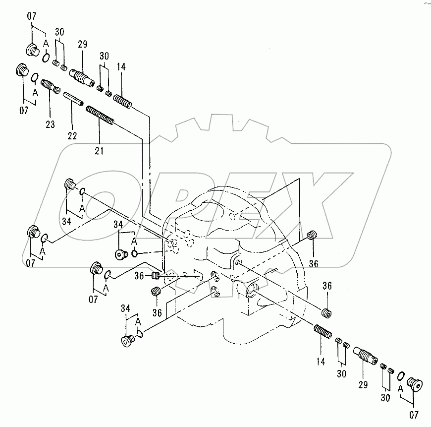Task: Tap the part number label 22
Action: (72, 135)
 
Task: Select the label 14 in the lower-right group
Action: (321, 362)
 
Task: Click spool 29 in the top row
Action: (82, 77)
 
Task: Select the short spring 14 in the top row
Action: (122, 100)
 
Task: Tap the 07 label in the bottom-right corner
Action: (414, 415)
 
